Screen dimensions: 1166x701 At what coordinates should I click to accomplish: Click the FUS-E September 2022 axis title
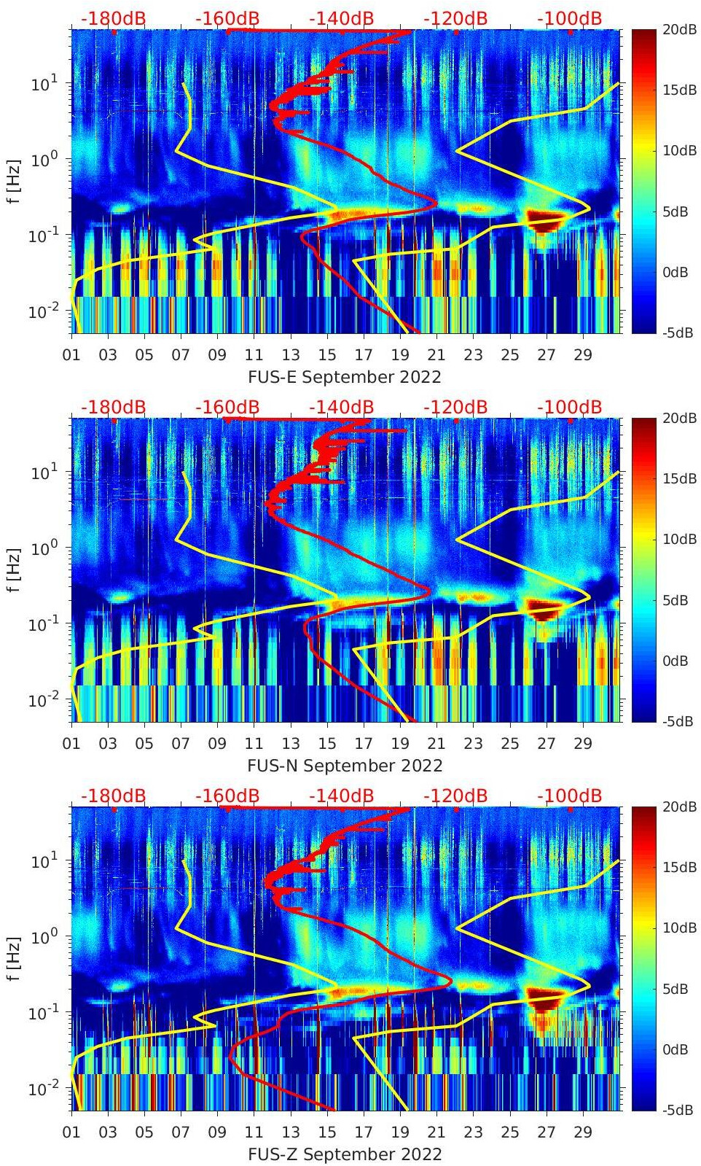pyautogui.click(x=345, y=377)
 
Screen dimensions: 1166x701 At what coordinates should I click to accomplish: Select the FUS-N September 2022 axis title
pyautogui.click(x=345, y=766)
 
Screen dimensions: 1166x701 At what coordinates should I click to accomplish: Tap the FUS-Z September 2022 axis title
pyautogui.click(x=345, y=1154)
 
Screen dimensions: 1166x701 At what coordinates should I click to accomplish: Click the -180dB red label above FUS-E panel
pyautogui.click(x=113, y=18)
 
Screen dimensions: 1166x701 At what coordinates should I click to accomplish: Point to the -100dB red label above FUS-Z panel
pyautogui.click(x=570, y=796)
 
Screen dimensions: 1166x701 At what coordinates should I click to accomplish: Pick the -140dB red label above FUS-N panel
pyautogui.click(x=341, y=407)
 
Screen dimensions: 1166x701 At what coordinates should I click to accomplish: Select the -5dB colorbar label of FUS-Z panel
pyautogui.click(x=678, y=1110)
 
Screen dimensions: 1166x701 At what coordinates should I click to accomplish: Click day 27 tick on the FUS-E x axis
pyautogui.click(x=547, y=355)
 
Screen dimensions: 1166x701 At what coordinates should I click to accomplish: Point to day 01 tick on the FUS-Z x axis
pyautogui.click(x=71, y=1132)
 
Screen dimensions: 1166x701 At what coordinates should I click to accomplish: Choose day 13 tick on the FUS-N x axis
pyautogui.click(x=291, y=744)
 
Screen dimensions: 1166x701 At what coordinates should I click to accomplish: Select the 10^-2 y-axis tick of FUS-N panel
pyautogui.click(x=41, y=701)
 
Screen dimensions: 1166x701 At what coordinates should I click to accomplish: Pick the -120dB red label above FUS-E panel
pyautogui.click(x=455, y=18)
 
